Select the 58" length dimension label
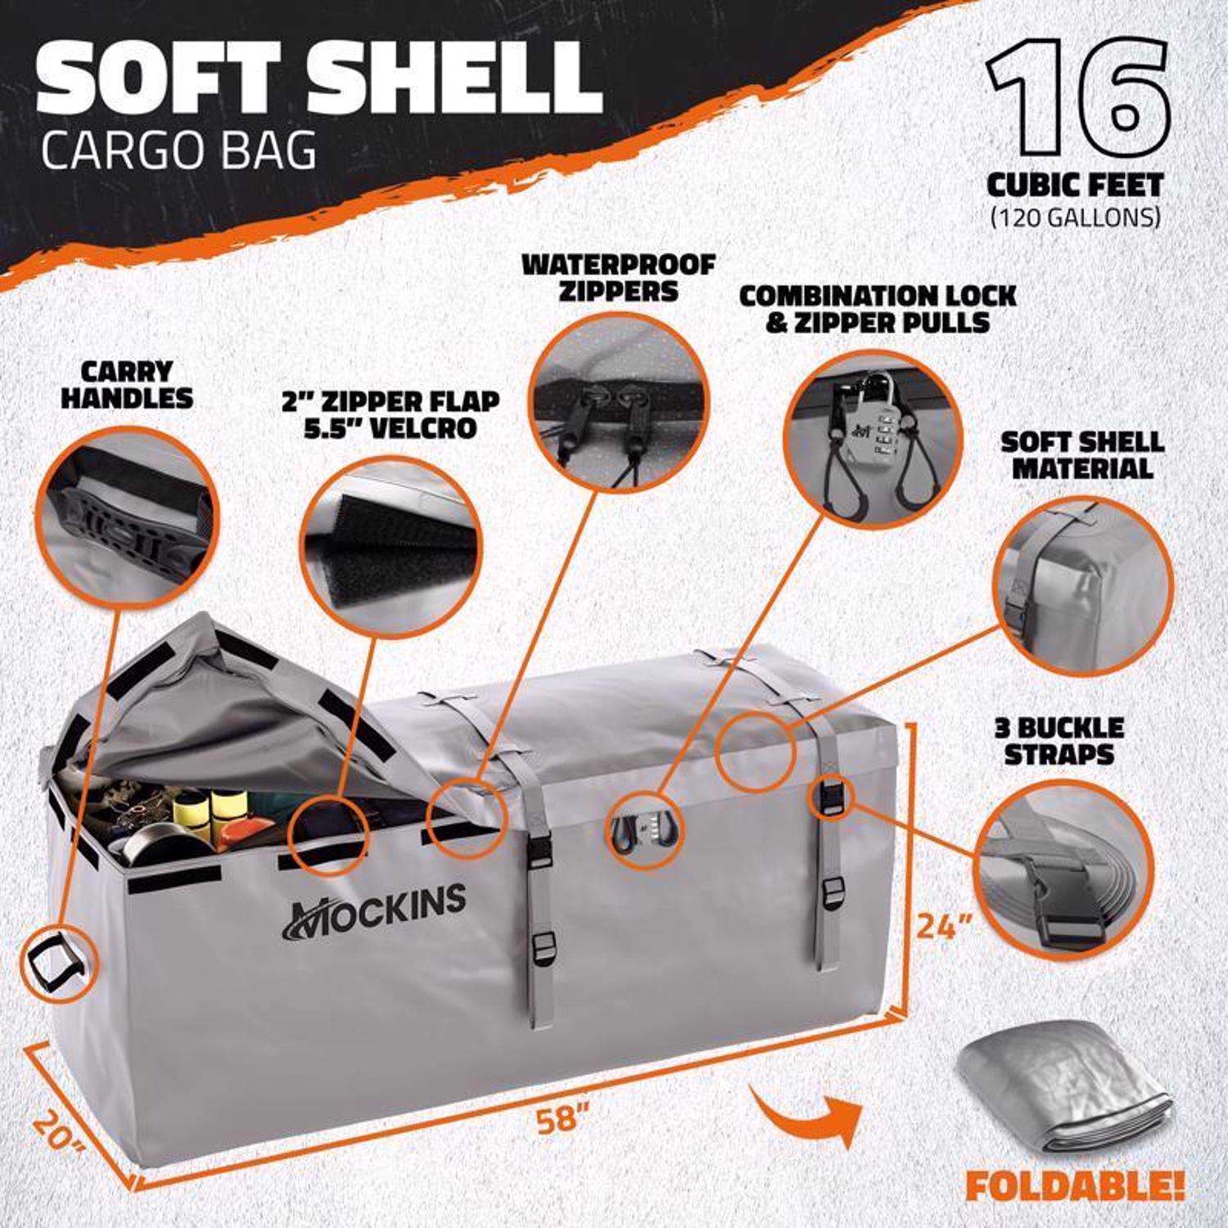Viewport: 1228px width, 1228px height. click(x=565, y=1120)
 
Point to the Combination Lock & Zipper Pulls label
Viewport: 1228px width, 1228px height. click(x=877, y=307)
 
